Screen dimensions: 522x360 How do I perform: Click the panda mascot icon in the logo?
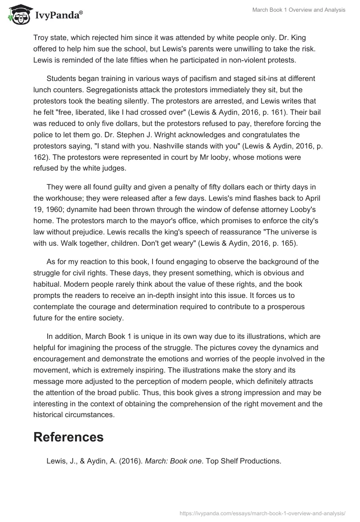point(17,15)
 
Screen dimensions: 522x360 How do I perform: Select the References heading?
point(68,436)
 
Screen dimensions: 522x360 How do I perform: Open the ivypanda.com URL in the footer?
point(262,513)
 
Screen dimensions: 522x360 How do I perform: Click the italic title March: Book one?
point(174,460)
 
